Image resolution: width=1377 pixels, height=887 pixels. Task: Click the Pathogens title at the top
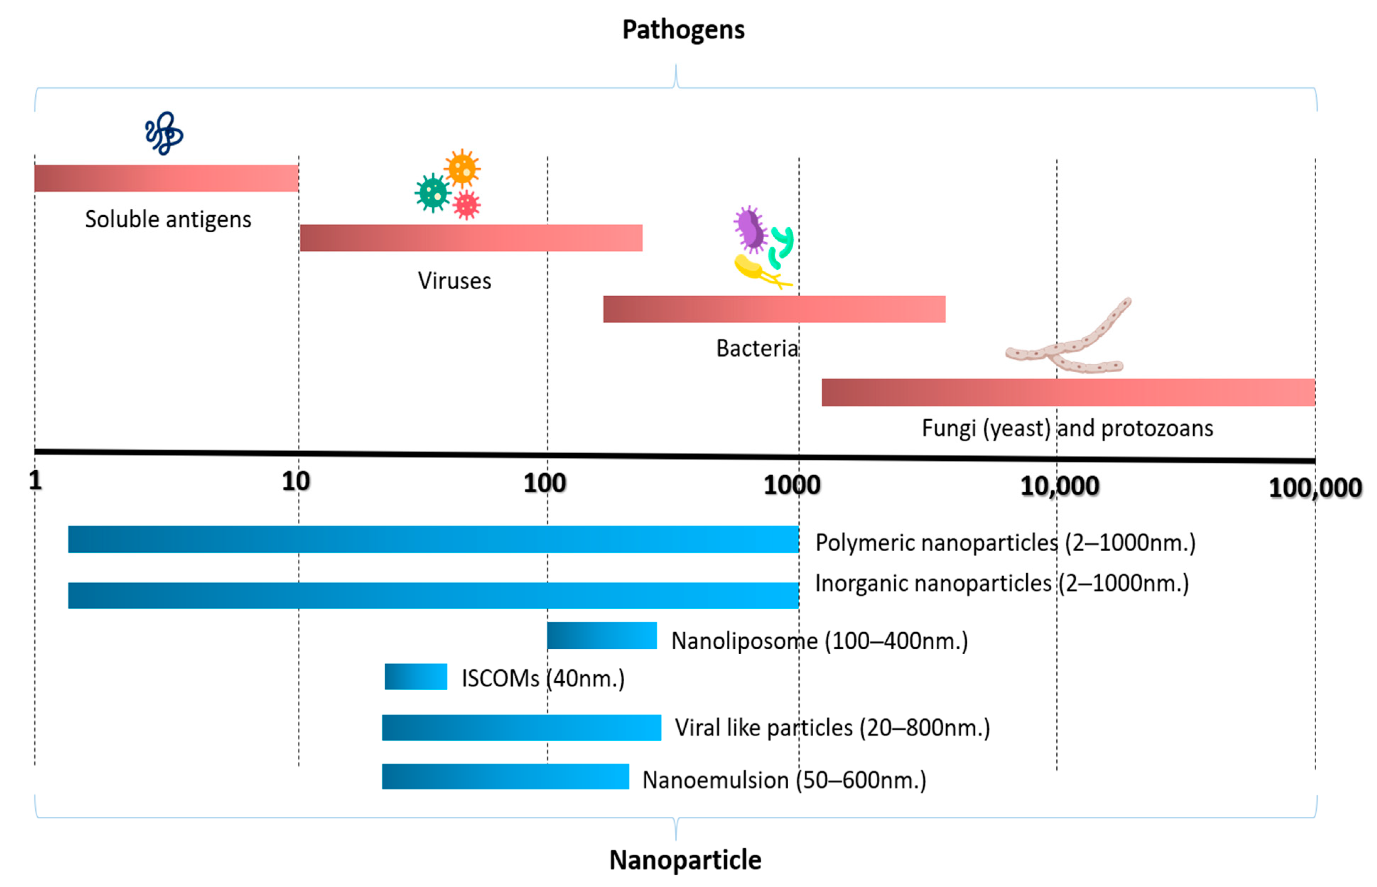(x=683, y=30)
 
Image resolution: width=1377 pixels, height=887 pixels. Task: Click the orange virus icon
(x=462, y=168)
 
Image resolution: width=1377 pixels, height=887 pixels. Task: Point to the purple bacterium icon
(x=750, y=229)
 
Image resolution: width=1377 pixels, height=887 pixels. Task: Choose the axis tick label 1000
(x=792, y=486)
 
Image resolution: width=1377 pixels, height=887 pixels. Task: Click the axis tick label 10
(x=296, y=482)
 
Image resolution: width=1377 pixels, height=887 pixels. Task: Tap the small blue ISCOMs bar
(x=415, y=676)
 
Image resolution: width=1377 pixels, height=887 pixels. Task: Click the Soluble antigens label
(x=168, y=220)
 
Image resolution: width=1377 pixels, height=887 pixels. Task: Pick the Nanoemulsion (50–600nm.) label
(x=784, y=780)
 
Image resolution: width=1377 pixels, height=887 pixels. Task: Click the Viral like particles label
(x=832, y=728)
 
